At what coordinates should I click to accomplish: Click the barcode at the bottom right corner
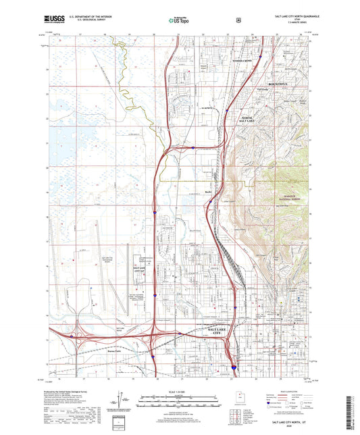coord(349,405)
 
